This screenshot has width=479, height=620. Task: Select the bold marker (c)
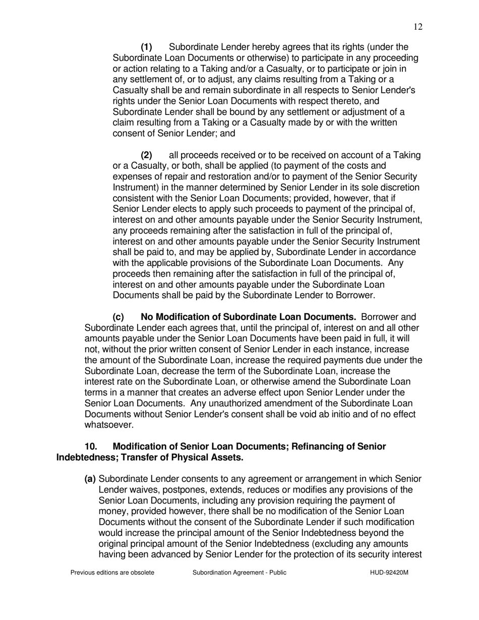[118, 317]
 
